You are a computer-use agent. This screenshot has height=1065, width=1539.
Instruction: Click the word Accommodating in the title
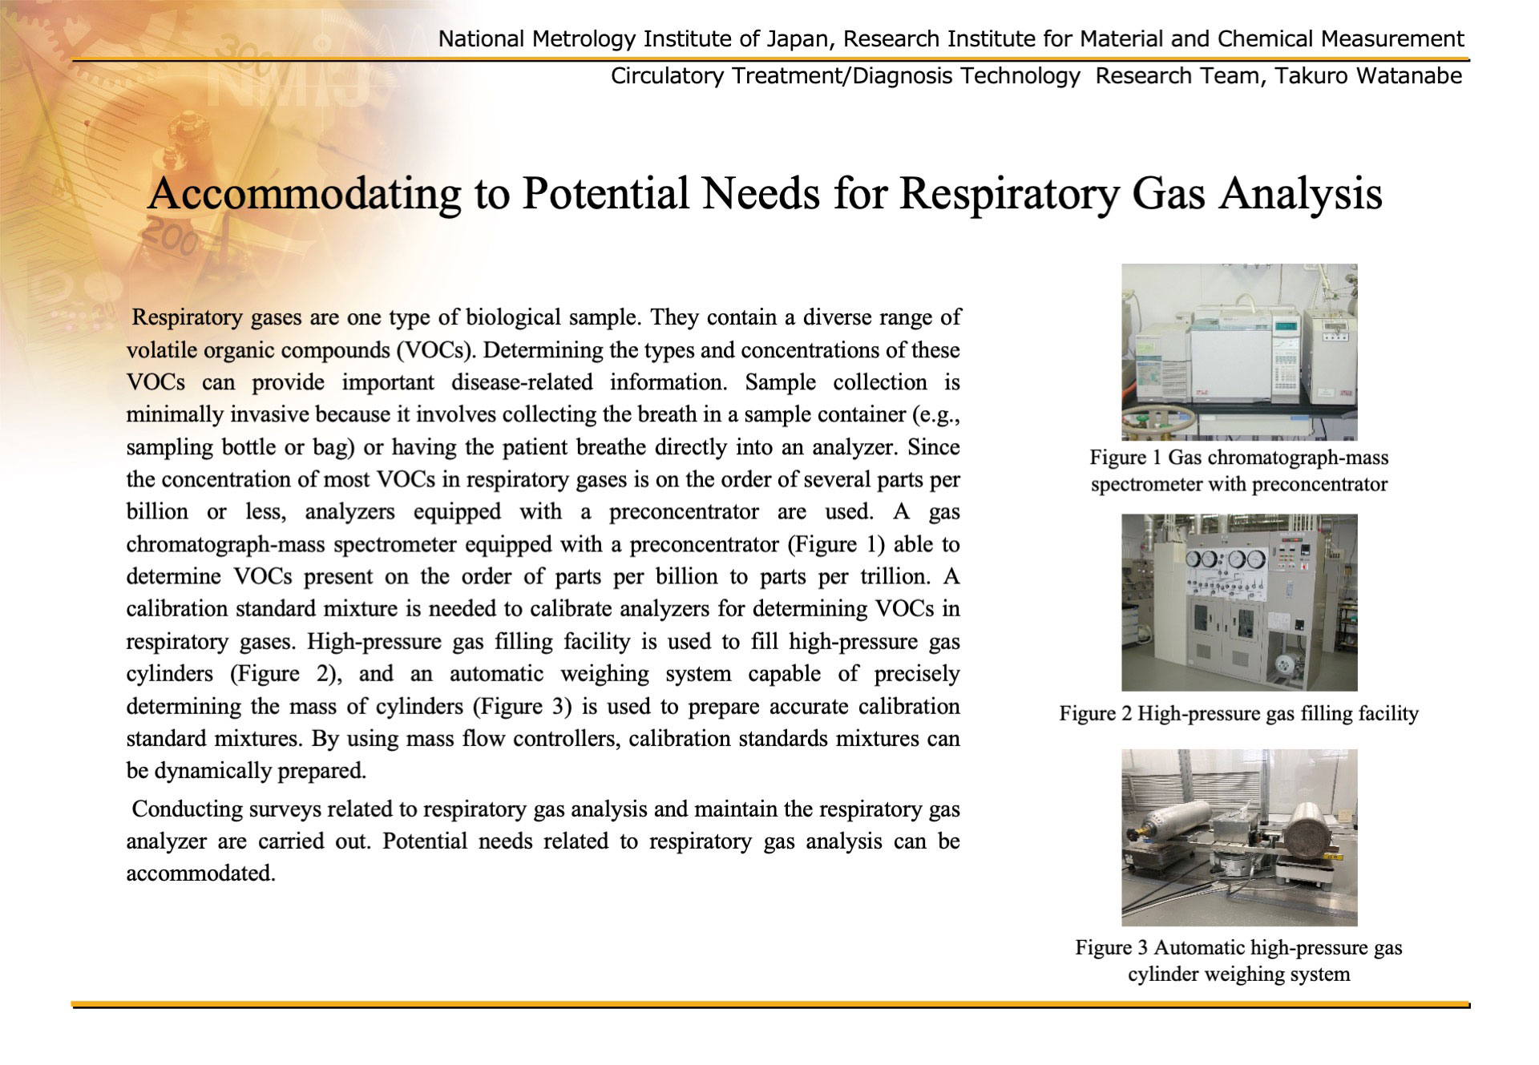(304, 193)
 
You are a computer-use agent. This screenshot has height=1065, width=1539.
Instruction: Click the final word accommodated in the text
(201, 873)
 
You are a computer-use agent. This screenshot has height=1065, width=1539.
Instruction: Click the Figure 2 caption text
(1238, 713)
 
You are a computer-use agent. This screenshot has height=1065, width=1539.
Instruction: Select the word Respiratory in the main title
(1008, 193)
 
